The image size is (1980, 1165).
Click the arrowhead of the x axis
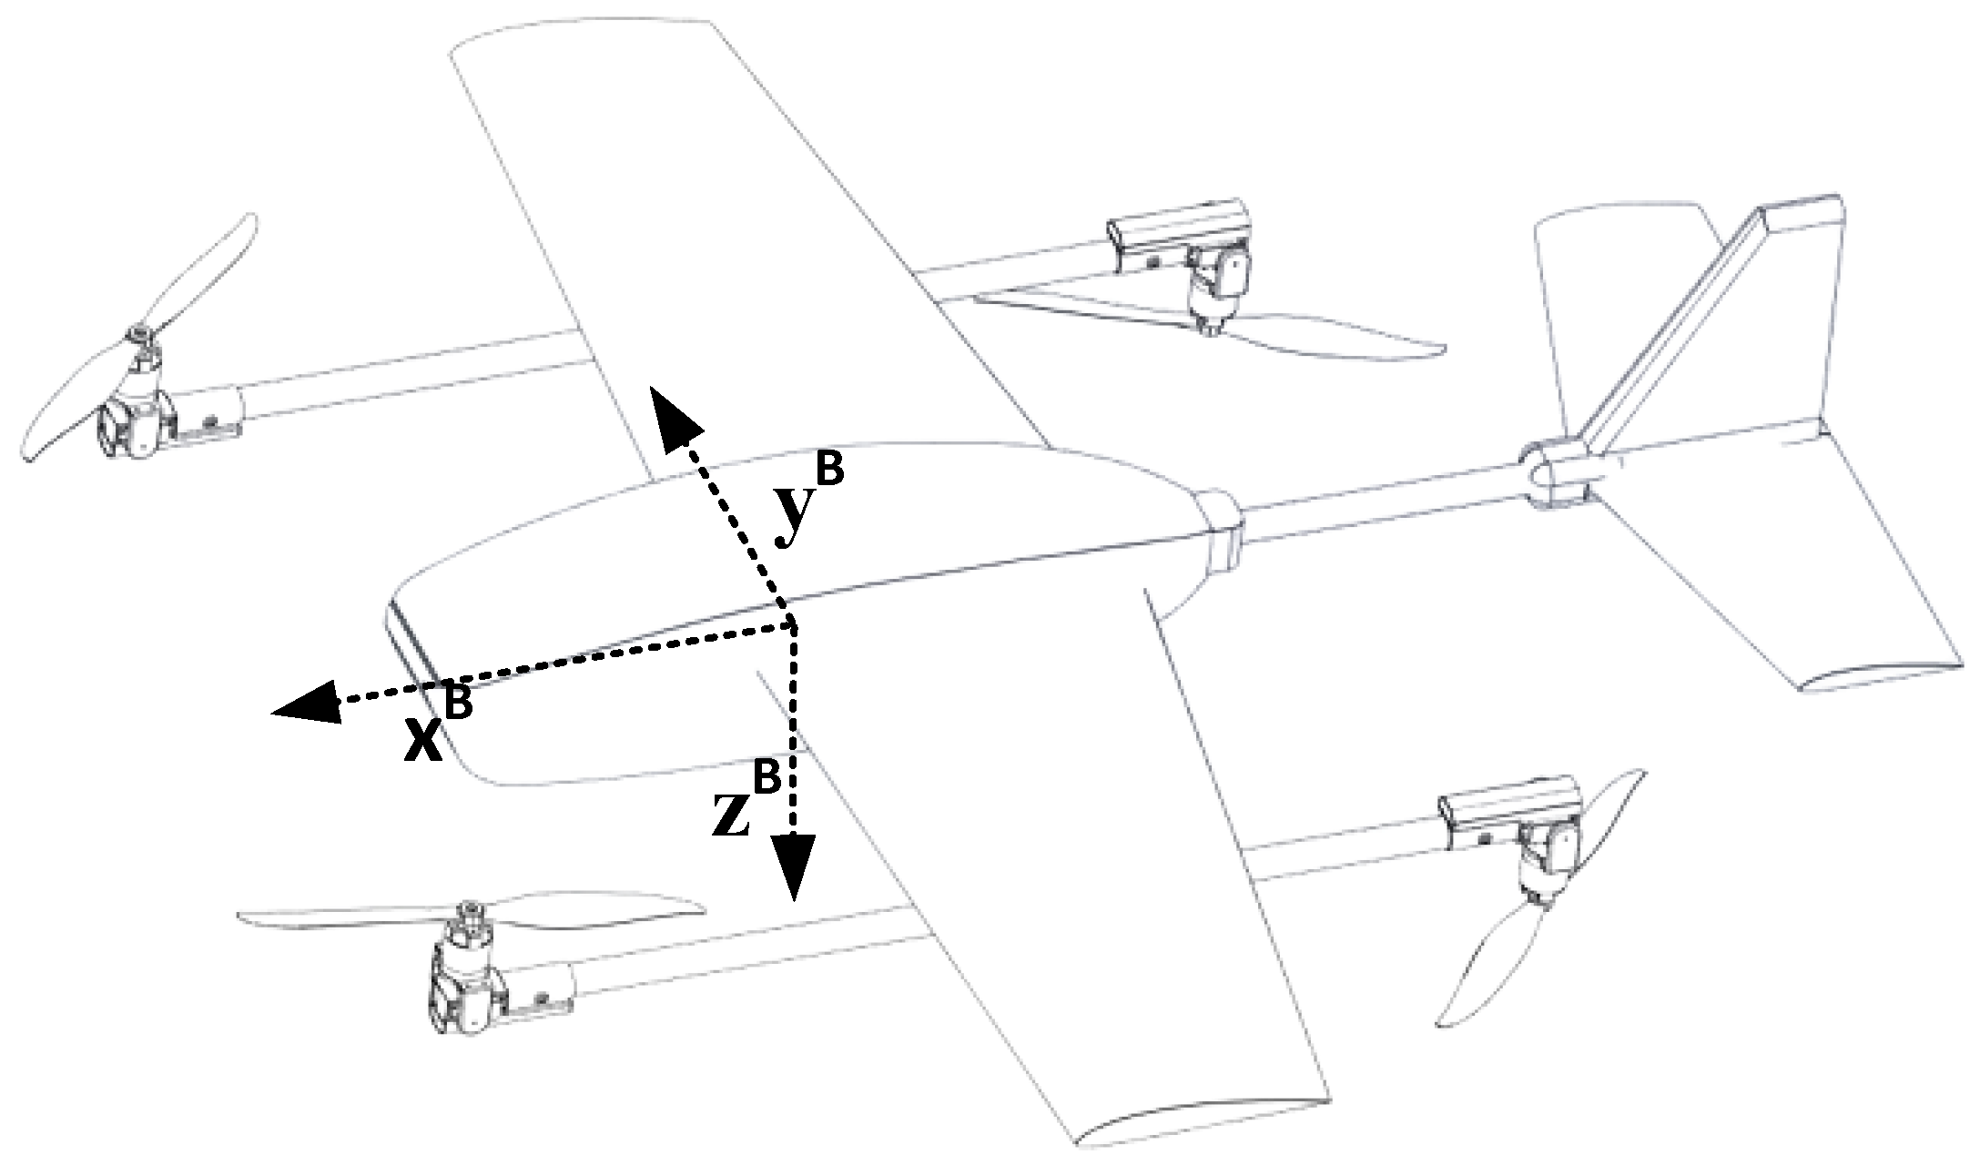tap(305, 704)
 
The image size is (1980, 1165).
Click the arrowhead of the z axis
tap(795, 865)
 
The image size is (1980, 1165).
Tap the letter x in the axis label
tap(425, 742)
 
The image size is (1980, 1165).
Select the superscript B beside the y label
tap(829, 471)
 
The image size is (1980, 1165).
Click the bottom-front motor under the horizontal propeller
tap(464, 988)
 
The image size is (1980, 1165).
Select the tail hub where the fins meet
tap(1552, 473)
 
